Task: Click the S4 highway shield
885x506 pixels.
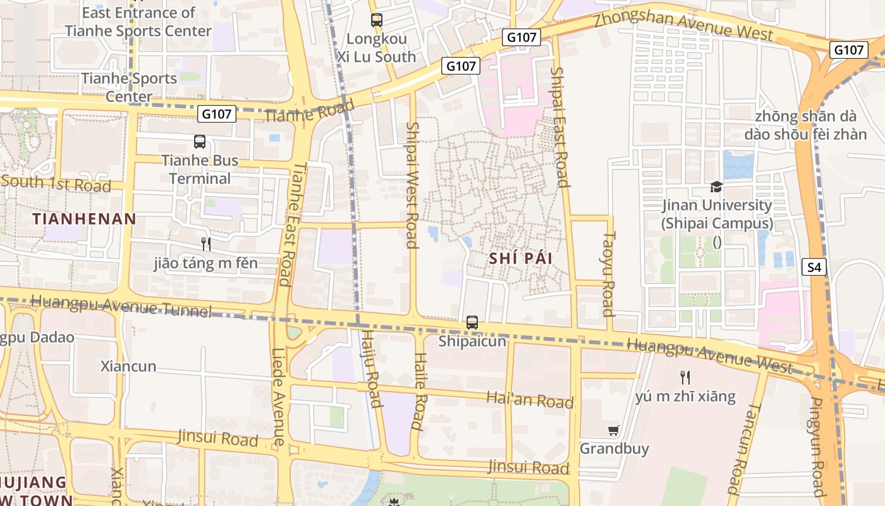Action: click(814, 268)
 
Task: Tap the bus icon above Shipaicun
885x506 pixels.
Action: click(472, 323)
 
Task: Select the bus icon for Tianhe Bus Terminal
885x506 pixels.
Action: click(200, 142)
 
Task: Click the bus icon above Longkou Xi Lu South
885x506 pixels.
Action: click(377, 20)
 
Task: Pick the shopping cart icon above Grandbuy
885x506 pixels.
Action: click(613, 431)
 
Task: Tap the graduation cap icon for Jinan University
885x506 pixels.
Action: click(716, 187)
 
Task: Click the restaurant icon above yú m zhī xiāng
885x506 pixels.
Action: click(685, 378)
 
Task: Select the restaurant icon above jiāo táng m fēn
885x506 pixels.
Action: click(205, 244)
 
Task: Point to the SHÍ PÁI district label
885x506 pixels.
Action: click(521, 259)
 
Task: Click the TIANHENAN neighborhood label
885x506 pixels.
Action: click(84, 219)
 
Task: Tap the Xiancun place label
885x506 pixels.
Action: click(128, 366)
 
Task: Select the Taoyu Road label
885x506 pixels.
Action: click(608, 273)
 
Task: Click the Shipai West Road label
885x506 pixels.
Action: click(412, 185)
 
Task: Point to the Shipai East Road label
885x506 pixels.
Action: click(559, 127)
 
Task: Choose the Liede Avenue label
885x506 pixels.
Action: click(278, 397)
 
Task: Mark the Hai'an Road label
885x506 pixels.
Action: click(530, 400)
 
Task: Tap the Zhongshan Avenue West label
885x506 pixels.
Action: click(683, 25)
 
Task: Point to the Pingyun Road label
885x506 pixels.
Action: click(817, 447)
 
